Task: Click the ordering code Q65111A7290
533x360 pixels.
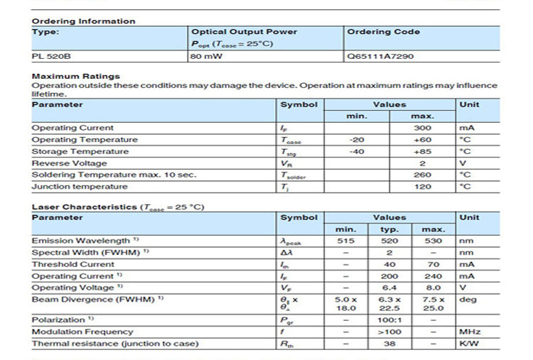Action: pos(380,55)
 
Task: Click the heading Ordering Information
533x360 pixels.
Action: pos(83,21)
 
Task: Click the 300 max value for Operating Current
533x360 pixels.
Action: pos(422,128)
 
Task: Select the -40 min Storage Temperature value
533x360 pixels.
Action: pos(357,151)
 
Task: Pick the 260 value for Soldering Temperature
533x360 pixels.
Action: pos(422,175)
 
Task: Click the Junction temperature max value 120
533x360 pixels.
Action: pos(422,187)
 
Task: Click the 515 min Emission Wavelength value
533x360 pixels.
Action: pos(345,241)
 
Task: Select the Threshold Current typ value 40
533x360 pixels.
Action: pos(389,264)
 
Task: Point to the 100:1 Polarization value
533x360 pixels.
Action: pos(389,320)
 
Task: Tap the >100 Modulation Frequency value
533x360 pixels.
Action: pos(389,332)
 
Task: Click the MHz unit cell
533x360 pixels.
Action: pos(470,332)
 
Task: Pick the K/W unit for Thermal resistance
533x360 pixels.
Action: pos(468,344)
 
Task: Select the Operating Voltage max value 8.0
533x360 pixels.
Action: pos(434,288)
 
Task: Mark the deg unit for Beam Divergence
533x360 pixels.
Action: pos(468,300)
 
